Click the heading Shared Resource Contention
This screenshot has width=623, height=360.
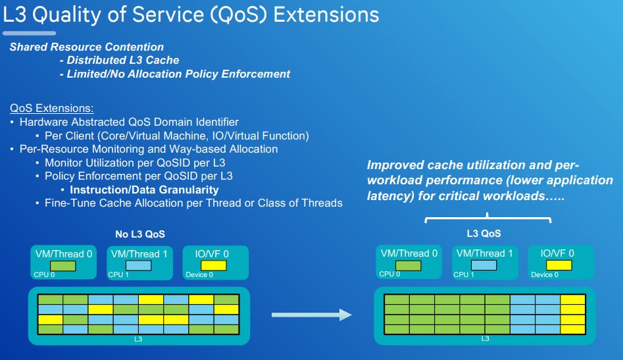(86, 47)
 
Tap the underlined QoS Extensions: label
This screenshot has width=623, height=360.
(52, 108)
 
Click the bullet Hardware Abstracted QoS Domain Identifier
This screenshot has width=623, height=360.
(129, 122)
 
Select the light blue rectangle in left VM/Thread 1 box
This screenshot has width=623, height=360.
(138, 266)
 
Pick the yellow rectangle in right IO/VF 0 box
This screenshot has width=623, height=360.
(558, 265)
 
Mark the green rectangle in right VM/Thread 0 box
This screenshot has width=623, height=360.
(408, 265)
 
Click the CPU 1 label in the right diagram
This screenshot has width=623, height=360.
(461, 274)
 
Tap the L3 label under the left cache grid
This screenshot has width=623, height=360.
(138, 340)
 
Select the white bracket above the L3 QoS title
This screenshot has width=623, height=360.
(487, 217)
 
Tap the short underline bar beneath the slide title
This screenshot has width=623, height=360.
(29, 33)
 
